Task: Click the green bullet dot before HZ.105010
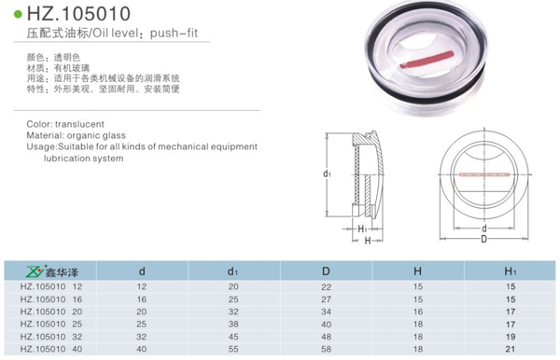pos(18,15)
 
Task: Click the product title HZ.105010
pos(78,14)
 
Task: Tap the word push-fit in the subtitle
pos(174,34)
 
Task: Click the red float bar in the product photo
pos(427,60)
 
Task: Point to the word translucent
pos(79,124)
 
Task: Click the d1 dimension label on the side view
pos(327,173)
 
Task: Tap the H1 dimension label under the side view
pos(362,228)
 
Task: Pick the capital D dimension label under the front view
pos(483,239)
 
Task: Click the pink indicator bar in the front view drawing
pos(483,174)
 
